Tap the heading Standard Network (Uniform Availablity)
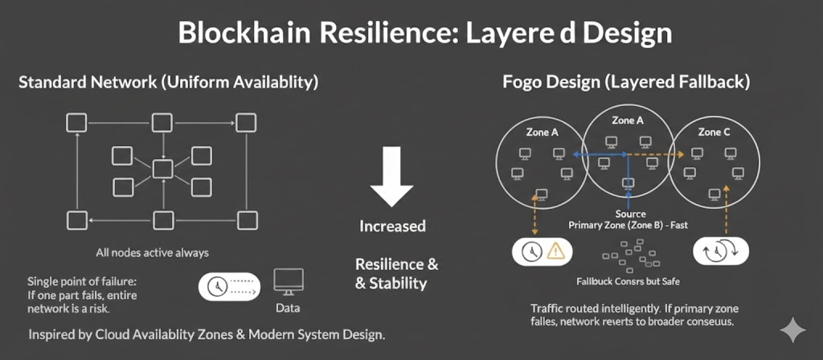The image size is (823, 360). (x=169, y=82)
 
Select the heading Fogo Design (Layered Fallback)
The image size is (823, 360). (x=626, y=82)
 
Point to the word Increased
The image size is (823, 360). (x=392, y=226)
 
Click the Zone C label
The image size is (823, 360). (x=714, y=132)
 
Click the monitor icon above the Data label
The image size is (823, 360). (x=289, y=281)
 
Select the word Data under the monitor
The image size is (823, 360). (x=289, y=308)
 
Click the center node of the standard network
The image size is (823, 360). (x=163, y=169)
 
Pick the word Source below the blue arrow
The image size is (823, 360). (x=630, y=214)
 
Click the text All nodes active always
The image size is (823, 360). (x=152, y=253)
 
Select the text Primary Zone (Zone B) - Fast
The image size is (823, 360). (x=630, y=225)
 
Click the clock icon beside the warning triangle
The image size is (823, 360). (x=530, y=252)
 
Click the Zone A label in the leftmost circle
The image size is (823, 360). (x=543, y=132)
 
